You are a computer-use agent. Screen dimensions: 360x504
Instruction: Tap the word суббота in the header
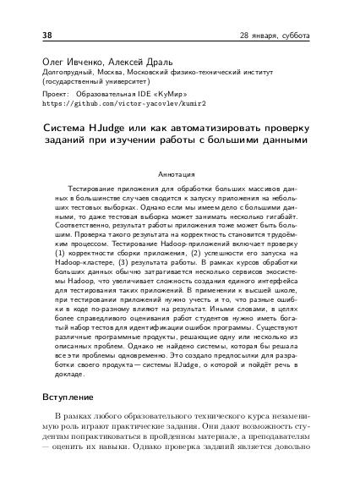[x=294, y=36]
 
